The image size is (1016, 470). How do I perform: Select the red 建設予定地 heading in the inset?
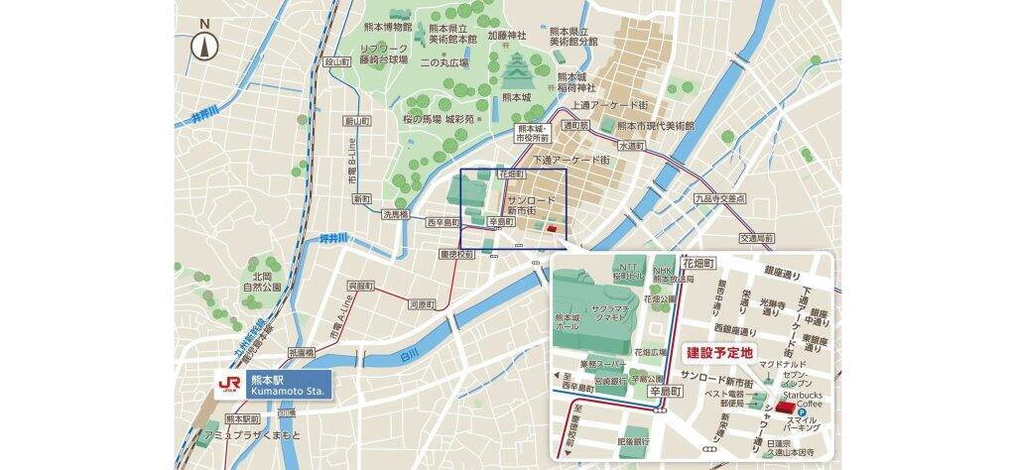pyautogui.click(x=719, y=352)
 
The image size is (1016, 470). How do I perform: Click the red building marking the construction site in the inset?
pyautogui.click(x=786, y=408)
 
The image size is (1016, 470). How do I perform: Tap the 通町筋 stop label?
pyautogui.click(x=575, y=126)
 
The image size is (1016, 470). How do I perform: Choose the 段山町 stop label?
pyautogui.click(x=338, y=61)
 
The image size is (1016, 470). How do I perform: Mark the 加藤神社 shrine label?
pyautogui.click(x=512, y=34)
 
